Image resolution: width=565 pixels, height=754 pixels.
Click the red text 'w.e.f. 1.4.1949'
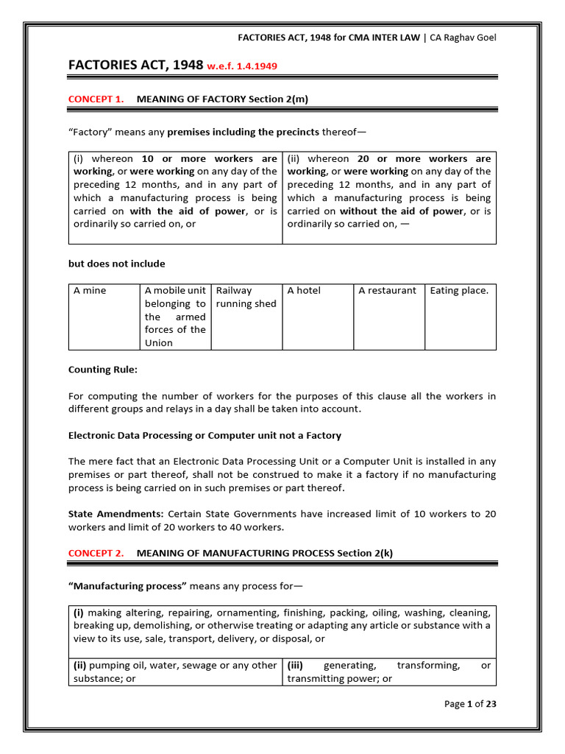click(242, 66)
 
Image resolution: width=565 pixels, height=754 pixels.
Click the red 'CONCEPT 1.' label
click(96, 99)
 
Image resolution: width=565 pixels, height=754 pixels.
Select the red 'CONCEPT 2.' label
click(96, 553)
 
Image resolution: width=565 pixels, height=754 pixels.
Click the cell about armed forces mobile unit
click(175, 317)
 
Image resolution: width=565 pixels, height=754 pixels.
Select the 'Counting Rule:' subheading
click(102, 370)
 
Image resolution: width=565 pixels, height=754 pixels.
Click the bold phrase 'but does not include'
click(116, 264)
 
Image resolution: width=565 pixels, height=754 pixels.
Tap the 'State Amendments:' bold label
click(116, 514)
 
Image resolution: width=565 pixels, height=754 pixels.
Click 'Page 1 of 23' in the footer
click(471, 704)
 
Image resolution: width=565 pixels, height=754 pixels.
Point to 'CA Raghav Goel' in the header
click(463, 38)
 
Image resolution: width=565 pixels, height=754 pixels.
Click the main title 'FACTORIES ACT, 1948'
click(135, 66)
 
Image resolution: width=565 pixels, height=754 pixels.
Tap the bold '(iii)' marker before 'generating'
click(296, 666)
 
